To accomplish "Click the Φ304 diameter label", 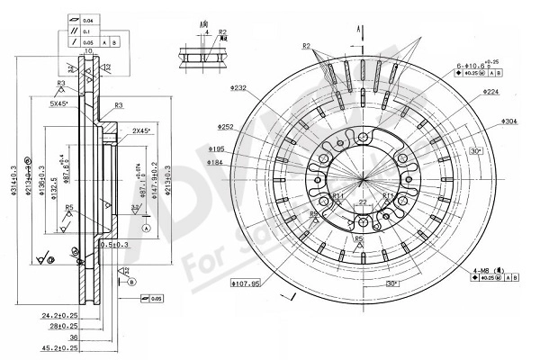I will (508, 121).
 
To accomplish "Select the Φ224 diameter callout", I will (490, 92).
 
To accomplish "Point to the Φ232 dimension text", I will (238, 88).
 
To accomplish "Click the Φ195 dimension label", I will (216, 148).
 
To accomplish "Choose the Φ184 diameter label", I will (216, 162).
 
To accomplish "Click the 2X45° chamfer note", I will (141, 131).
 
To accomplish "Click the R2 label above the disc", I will (306, 46).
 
